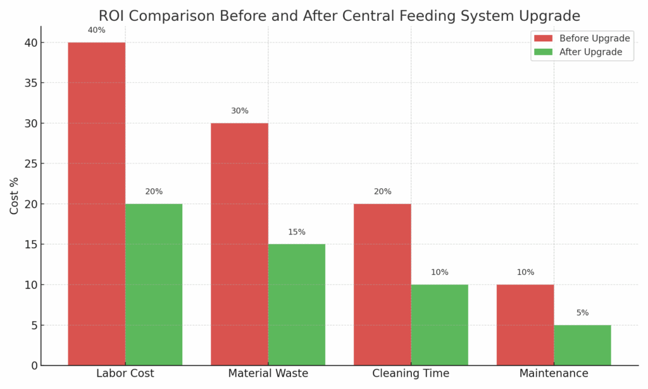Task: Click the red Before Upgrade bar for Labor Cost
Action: point(96,203)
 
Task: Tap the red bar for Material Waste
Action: point(239,244)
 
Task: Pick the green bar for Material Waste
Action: point(297,304)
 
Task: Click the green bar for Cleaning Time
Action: point(440,324)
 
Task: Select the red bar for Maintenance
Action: point(525,324)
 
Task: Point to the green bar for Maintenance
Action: point(582,345)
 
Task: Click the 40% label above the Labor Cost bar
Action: point(96,30)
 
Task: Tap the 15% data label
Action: point(297,233)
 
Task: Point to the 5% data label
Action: point(582,313)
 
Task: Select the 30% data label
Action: point(239,111)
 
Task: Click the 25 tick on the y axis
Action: point(30,163)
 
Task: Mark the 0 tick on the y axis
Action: point(33,366)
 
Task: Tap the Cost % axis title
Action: point(14,196)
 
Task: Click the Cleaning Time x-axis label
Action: point(411,374)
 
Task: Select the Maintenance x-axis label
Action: point(554,374)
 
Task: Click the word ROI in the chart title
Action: point(111,16)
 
